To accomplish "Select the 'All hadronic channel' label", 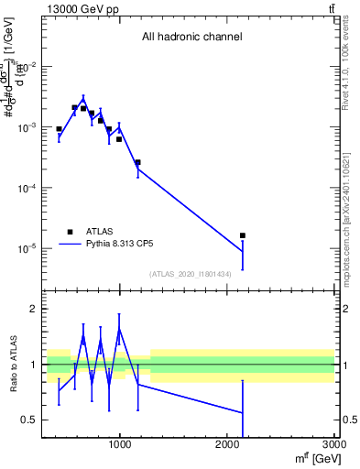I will coord(191,38).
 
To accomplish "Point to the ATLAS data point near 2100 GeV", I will coord(243,235).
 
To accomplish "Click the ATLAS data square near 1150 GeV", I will coord(137,162).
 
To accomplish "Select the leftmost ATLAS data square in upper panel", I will coord(59,129).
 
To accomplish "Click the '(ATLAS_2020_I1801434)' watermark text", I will coord(190,273).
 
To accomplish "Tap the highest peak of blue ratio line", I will coord(119,328).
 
